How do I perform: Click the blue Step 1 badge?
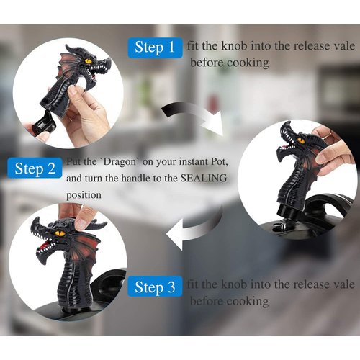pos(155,48)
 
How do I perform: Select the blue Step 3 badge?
pos(155,288)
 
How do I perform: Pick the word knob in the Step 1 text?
pos(240,46)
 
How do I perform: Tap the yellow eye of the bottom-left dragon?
pos(60,234)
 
